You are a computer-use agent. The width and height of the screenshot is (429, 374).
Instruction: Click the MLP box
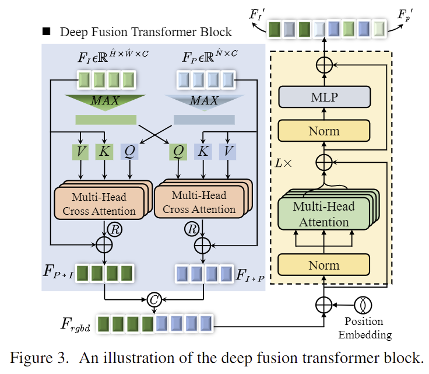coord(323,97)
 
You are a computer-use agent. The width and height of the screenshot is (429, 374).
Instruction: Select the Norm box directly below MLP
coord(323,131)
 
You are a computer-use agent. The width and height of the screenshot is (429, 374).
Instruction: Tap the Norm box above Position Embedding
coord(323,265)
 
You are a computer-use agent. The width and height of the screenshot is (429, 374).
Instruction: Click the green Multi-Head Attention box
coord(323,214)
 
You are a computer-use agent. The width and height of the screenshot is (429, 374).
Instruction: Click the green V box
coord(80,152)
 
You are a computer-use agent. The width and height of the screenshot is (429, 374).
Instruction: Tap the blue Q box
coord(129,152)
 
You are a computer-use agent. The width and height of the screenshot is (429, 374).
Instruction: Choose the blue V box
coord(227,152)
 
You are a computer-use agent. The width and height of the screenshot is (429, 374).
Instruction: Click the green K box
coord(105,152)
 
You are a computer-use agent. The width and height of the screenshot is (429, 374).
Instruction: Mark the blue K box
coord(202,152)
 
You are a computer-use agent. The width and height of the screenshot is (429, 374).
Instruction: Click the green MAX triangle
coord(105,102)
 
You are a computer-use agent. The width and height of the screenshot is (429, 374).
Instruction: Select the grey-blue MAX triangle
coord(203,102)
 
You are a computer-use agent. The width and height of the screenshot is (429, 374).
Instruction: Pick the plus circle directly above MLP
coord(323,65)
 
